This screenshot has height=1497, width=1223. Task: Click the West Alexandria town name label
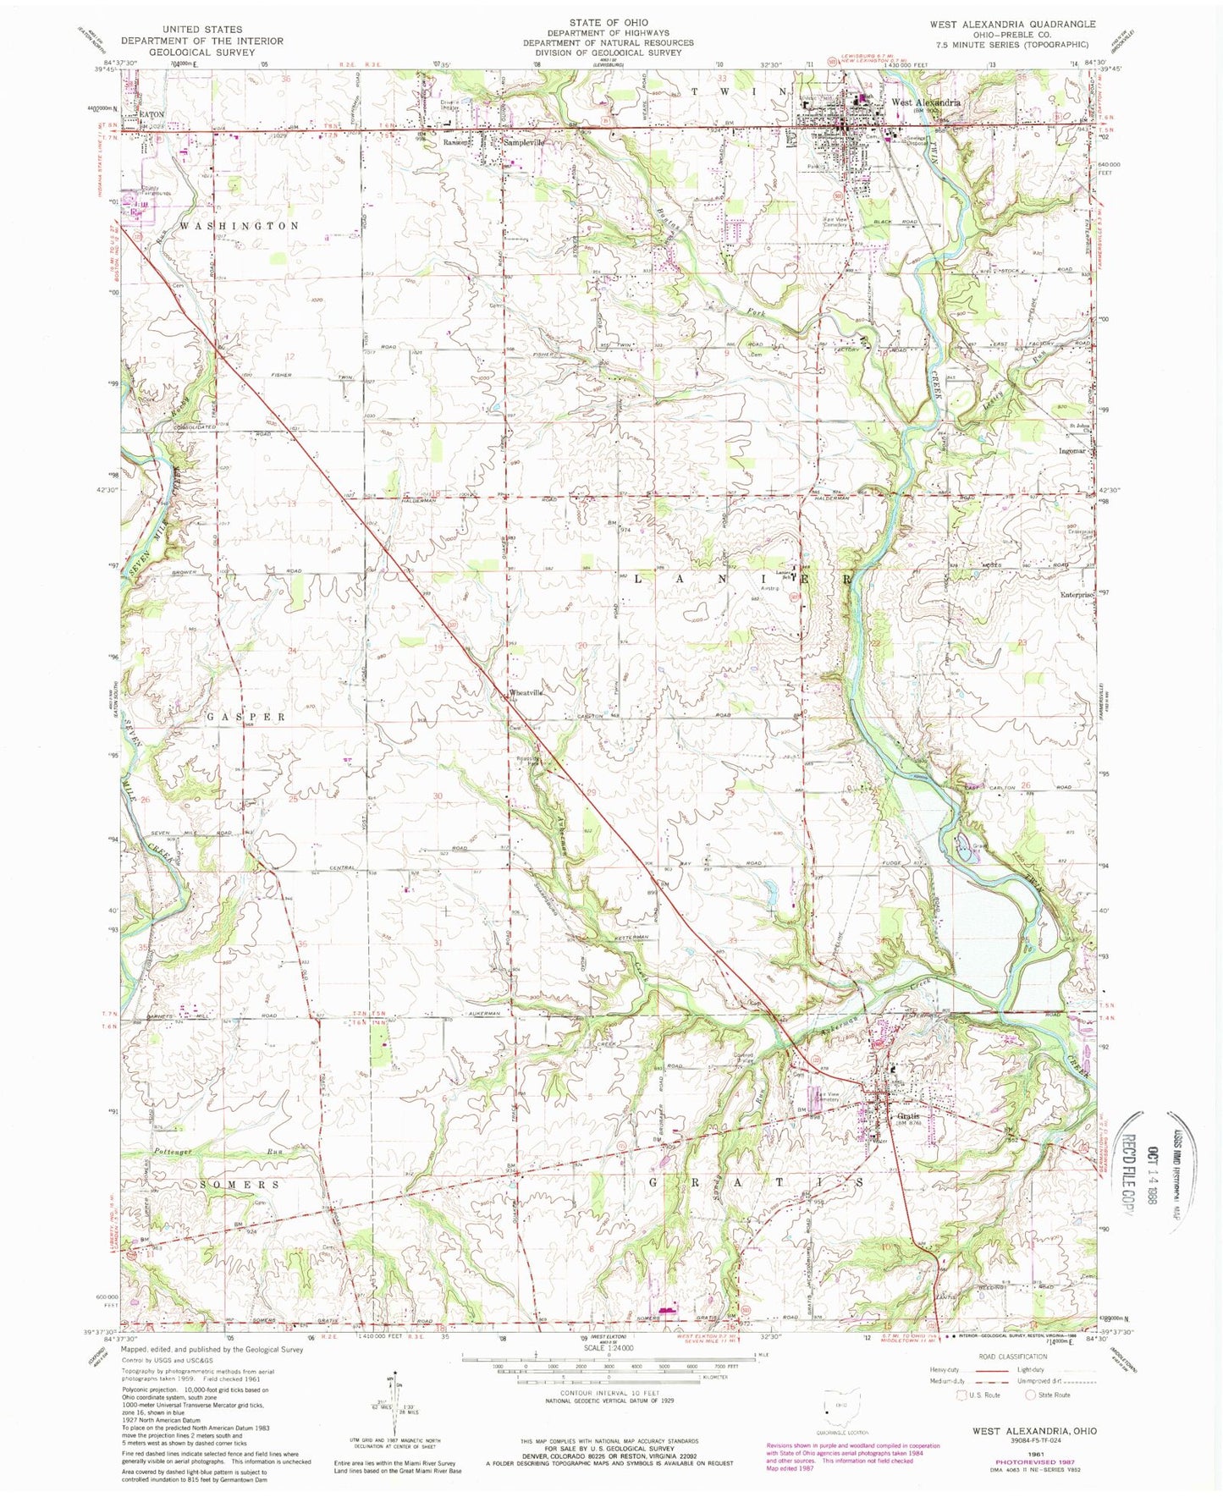click(x=924, y=102)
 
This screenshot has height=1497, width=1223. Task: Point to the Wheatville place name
click(x=525, y=693)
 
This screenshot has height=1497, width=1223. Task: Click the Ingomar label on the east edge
click(x=1072, y=451)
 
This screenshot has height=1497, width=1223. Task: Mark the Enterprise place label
click(x=1077, y=595)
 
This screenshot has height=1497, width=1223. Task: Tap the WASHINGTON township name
click(x=239, y=226)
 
